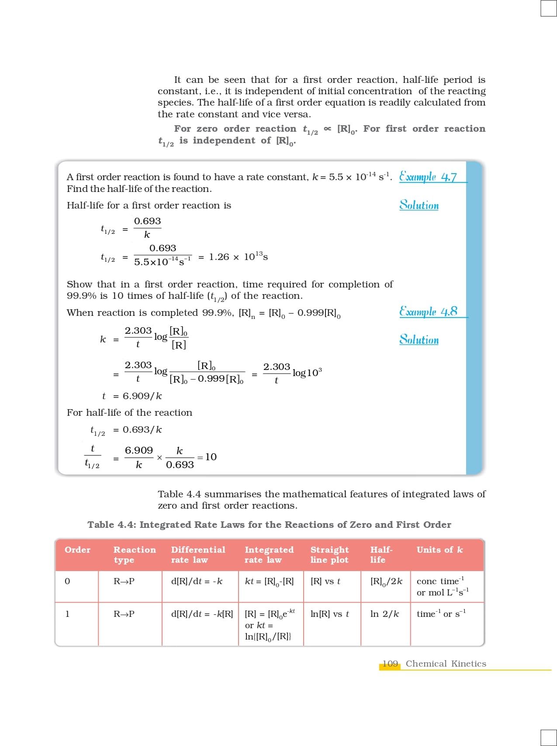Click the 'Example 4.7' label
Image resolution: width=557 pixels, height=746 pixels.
[428, 177]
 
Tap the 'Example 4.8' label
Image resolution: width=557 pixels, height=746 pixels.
[428, 311]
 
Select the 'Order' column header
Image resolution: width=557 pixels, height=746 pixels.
[77, 550]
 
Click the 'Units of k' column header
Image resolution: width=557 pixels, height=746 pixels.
[439, 550]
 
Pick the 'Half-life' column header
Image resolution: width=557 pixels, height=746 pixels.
[381, 554]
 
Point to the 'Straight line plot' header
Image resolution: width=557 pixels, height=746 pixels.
[329, 554]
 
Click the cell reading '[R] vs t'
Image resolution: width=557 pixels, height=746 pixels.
[325, 581]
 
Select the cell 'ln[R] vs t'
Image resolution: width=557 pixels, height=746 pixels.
[329, 614]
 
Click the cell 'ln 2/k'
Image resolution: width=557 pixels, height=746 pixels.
[384, 614]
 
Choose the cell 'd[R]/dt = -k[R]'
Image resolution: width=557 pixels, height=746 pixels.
[202, 614]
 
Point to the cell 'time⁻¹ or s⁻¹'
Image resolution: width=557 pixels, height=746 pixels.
[441, 614]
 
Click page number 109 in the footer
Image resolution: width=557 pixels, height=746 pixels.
[390, 664]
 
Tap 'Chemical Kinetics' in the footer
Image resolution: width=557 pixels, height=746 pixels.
[446, 664]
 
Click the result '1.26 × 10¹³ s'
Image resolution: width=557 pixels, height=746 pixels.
[238, 257]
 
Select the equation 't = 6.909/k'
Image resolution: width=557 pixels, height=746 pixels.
[132, 396]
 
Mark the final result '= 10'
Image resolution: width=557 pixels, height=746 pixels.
[207, 457]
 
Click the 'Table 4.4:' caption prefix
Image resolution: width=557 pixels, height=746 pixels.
[112, 524]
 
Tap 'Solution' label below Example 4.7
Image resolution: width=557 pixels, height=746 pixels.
[419, 205]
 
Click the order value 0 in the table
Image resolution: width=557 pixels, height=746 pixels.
[67, 581]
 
